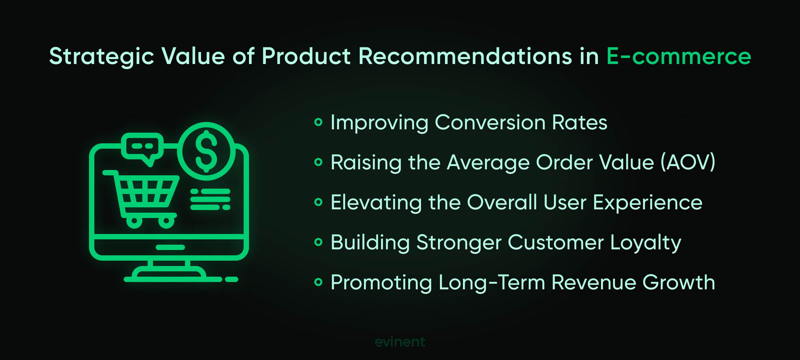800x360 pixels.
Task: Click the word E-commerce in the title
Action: [x=678, y=56]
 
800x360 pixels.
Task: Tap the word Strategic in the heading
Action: [x=102, y=56]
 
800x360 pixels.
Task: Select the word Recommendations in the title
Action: [x=465, y=56]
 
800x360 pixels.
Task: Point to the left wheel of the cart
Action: [x=134, y=221]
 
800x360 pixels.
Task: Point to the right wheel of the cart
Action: [x=166, y=221]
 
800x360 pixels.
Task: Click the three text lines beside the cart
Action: [x=210, y=199]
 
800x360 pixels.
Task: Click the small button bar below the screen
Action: [x=170, y=247]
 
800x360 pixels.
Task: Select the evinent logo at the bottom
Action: [x=400, y=342]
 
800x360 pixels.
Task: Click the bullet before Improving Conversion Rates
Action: [x=318, y=122]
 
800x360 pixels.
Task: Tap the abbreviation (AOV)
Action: [x=688, y=163]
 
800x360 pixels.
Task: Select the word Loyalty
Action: [x=645, y=243]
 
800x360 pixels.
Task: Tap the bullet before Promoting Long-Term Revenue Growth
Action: [x=318, y=282]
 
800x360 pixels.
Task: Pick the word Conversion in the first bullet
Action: [x=490, y=122]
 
